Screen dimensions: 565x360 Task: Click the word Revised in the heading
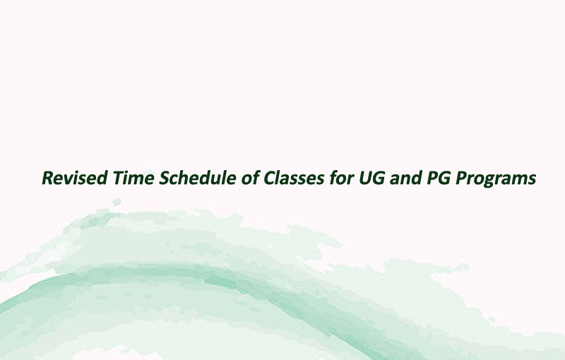(75, 178)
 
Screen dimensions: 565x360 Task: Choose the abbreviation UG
(372, 178)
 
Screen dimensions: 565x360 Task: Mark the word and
(405, 178)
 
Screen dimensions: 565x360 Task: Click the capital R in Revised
(48, 178)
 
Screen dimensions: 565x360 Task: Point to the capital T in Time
(119, 178)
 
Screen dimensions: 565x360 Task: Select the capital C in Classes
(270, 178)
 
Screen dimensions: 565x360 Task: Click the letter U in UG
(365, 178)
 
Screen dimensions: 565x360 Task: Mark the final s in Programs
(532, 179)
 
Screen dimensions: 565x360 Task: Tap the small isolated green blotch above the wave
(117, 203)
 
